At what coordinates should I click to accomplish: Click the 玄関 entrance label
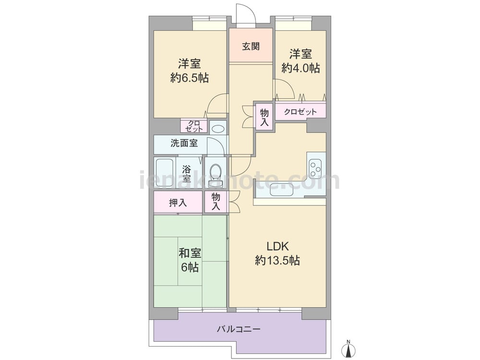coord(251,46)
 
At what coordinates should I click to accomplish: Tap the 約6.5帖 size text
coord(190,78)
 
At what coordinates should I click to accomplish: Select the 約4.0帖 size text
coord(301,68)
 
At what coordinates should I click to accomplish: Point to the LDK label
coord(278,246)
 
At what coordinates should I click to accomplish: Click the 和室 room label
coord(190,253)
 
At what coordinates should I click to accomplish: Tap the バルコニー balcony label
coord(239,329)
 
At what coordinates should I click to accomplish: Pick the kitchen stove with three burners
coord(315,168)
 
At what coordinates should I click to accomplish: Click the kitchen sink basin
coord(281,189)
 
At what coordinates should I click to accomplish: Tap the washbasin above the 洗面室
coord(217,129)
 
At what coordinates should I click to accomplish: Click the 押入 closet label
coord(178,203)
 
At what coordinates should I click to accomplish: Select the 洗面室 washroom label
coord(184,143)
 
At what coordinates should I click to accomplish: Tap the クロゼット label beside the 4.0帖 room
coord(300,112)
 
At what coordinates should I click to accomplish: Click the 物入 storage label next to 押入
coord(216,202)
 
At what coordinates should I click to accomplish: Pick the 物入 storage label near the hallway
coord(264,118)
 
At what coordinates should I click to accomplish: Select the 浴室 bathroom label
coord(186,173)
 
